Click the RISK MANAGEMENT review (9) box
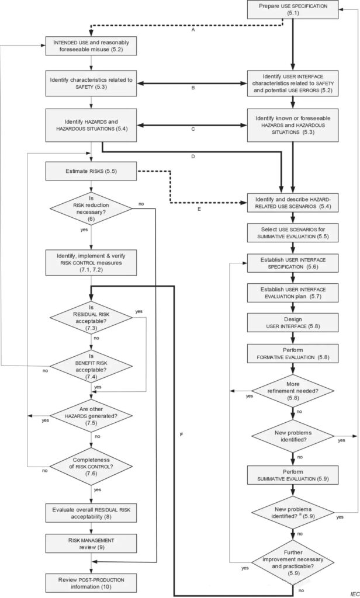click(x=91, y=544)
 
